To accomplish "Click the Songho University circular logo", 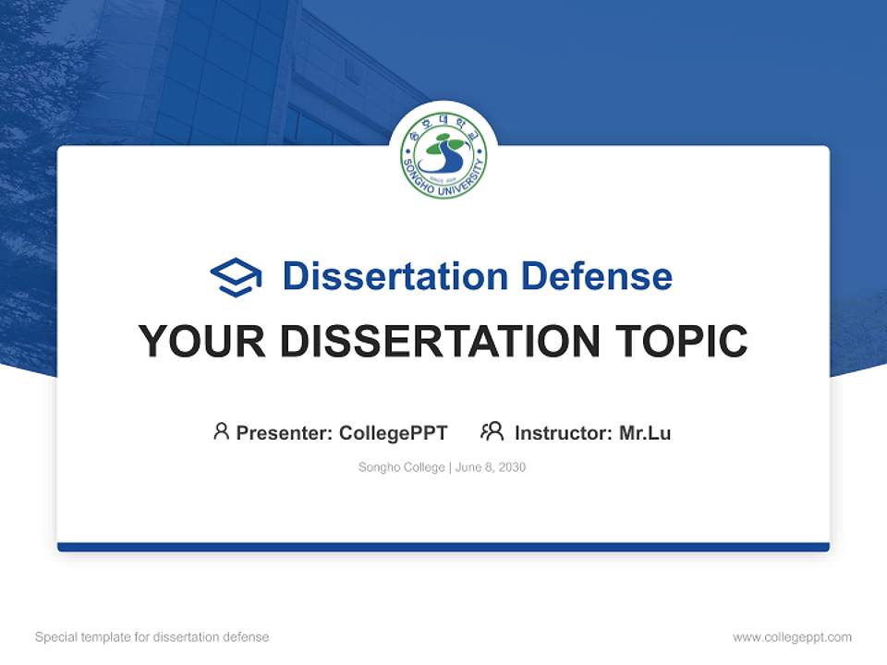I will [443, 155].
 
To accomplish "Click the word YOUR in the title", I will [201, 342].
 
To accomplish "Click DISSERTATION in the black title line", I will [440, 342].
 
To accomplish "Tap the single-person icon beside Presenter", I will [221, 431].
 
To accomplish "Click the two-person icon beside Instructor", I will [492, 431].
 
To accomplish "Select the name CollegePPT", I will [394, 432].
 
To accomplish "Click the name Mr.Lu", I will [645, 432].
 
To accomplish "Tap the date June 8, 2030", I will [491, 467].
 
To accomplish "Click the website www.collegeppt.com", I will [792, 637].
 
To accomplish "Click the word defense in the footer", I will [247, 637].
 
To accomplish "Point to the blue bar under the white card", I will [443, 547].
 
